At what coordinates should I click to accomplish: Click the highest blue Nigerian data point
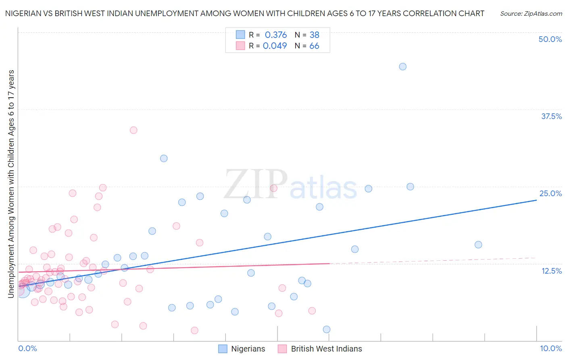[x=402, y=67]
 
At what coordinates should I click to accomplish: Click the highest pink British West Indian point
[x=133, y=130]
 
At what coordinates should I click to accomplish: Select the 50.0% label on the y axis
[x=550, y=39]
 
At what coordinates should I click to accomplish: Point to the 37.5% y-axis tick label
[x=551, y=116]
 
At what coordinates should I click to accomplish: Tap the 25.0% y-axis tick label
[x=550, y=193]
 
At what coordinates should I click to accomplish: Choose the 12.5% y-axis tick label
[x=551, y=271]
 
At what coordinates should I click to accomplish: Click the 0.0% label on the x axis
[x=27, y=348]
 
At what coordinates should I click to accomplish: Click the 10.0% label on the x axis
[x=550, y=348]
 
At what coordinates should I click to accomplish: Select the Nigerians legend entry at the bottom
[x=242, y=349]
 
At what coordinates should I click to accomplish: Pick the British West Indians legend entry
[x=320, y=349]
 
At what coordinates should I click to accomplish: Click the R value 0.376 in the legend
[x=276, y=35]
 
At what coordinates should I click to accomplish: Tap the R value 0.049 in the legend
[x=275, y=46]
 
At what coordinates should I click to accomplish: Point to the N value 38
[x=314, y=35]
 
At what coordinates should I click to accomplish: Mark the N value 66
[x=314, y=46]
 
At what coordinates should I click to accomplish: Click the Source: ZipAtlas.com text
[x=531, y=13]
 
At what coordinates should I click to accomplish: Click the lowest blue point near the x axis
[x=327, y=329]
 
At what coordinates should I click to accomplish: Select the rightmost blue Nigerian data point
[x=478, y=245]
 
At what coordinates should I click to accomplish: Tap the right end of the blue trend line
[x=536, y=200]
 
